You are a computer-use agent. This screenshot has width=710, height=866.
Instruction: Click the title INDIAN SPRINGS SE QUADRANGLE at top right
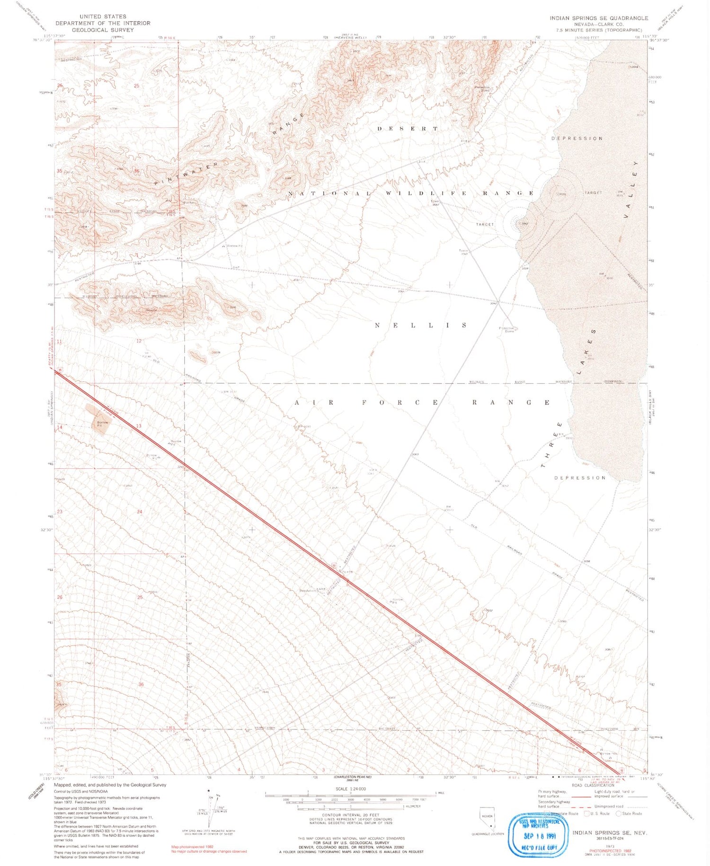[599, 18]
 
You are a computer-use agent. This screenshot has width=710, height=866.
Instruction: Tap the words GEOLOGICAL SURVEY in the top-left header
[103, 30]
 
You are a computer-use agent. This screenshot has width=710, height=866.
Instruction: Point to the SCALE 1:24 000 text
[350, 789]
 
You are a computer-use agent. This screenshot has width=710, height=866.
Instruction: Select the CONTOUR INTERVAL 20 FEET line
[351, 815]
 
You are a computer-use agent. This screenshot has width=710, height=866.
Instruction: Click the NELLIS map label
[421, 325]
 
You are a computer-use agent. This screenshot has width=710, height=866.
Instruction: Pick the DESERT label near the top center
[408, 129]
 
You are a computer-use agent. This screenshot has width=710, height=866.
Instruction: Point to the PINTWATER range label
[186, 173]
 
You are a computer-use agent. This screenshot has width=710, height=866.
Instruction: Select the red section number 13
[139, 426]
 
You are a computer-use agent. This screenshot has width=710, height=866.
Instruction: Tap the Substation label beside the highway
[308, 590]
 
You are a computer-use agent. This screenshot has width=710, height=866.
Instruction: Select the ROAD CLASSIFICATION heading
[593, 785]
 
